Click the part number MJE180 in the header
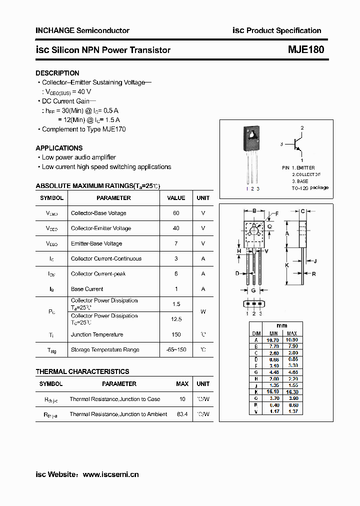(306, 50)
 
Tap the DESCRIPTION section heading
(57, 73)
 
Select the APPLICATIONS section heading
(59, 148)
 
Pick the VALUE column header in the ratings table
(176, 198)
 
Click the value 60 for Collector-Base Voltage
(176, 213)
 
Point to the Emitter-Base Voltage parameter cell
(96, 243)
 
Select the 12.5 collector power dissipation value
(176, 319)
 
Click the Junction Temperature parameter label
(97, 334)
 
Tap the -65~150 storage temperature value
(176, 349)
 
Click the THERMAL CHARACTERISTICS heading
(82, 371)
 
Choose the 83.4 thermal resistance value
(182, 414)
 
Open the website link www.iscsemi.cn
(110, 474)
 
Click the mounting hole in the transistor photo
(252, 134)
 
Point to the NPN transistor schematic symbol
(299, 144)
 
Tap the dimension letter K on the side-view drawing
(287, 265)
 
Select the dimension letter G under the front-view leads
(253, 290)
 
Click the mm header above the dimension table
(282, 325)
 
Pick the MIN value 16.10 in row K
(273, 392)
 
